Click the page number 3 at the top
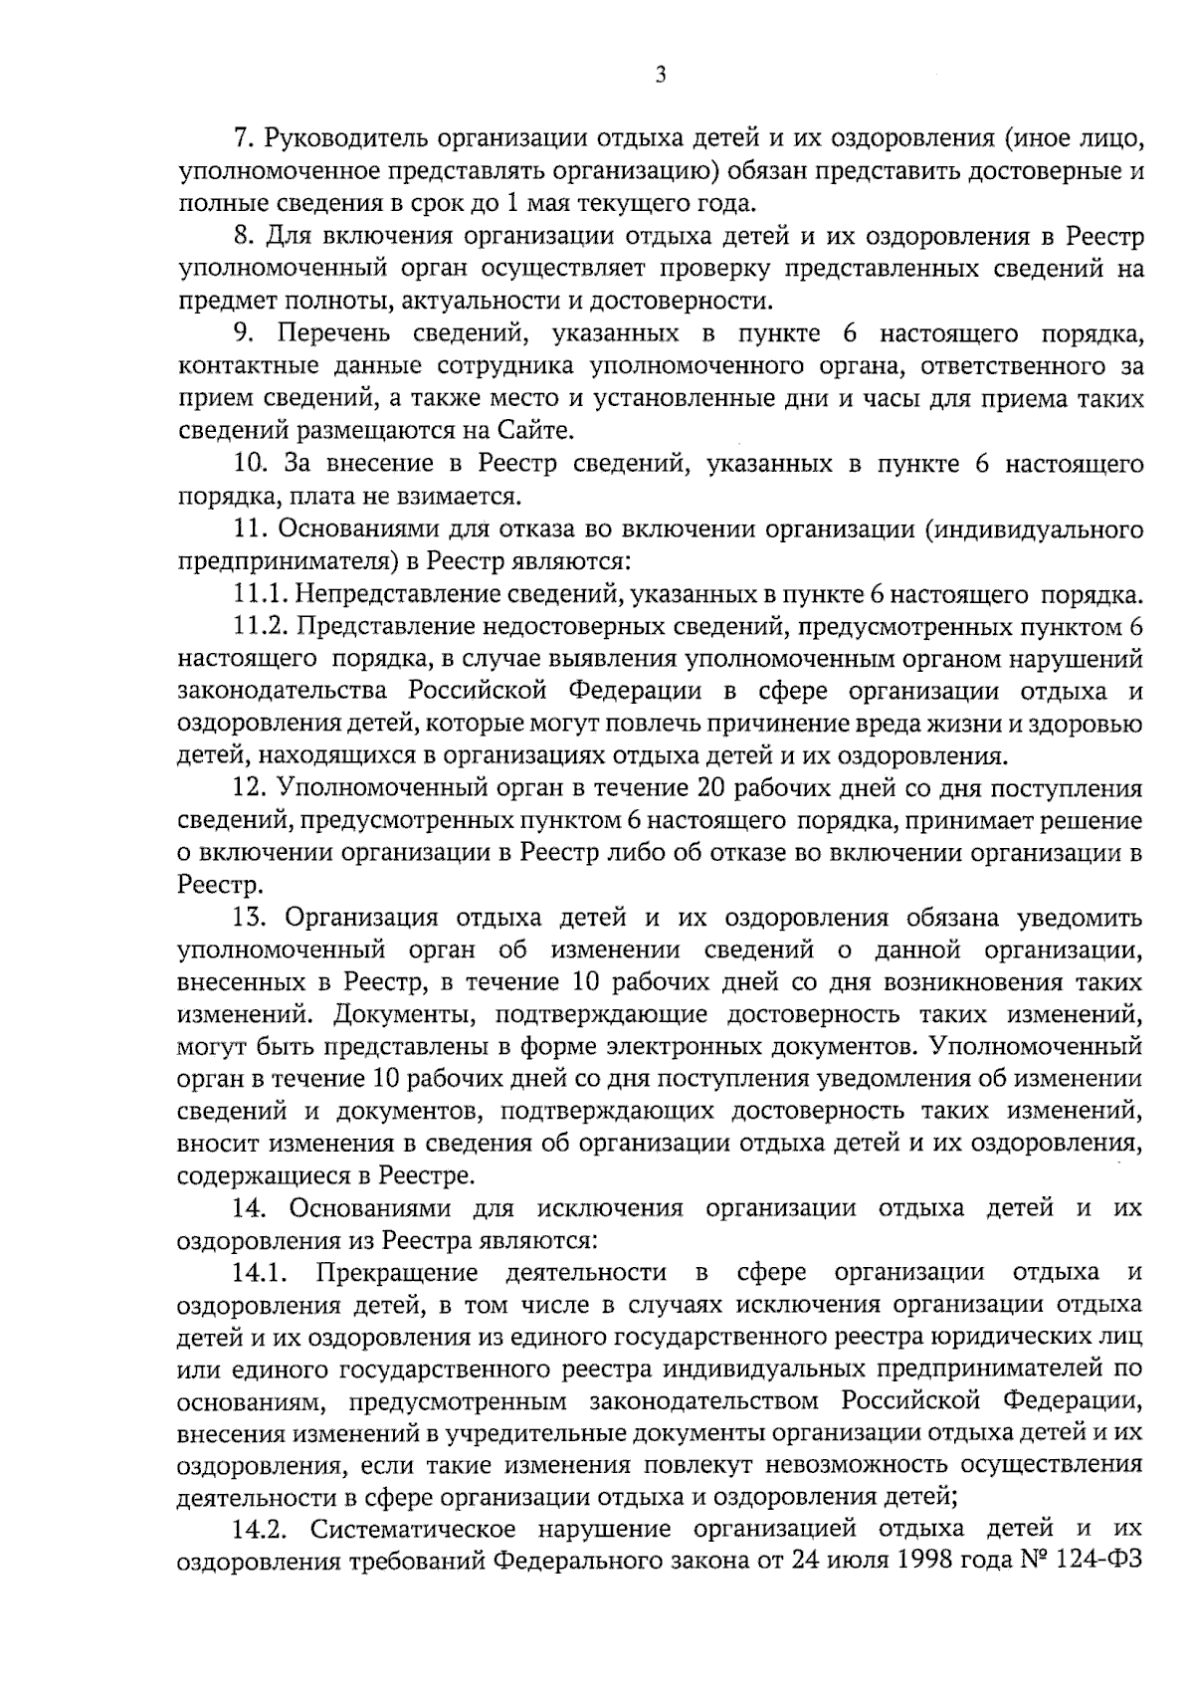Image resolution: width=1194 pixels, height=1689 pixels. (661, 76)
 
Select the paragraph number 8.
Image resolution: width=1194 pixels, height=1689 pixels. (243, 237)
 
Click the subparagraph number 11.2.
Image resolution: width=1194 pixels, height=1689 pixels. (261, 627)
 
